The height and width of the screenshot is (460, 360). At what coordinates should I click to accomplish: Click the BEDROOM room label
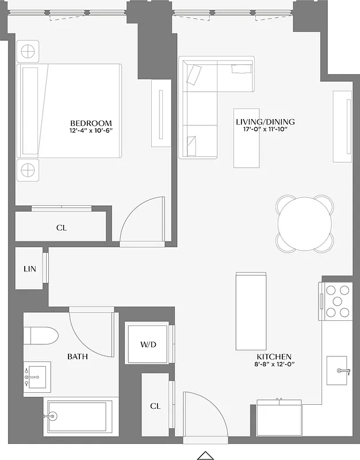pyautogui.click(x=91, y=123)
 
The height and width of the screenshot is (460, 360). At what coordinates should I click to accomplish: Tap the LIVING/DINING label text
pyautogui.click(x=265, y=122)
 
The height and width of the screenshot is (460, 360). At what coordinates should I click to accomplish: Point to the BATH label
pyautogui.click(x=78, y=356)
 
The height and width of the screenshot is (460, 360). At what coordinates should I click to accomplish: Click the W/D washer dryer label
pyautogui.click(x=148, y=344)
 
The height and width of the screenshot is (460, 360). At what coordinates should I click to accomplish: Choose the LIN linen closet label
pyautogui.click(x=30, y=269)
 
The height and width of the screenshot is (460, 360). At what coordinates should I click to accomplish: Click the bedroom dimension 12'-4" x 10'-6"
pyautogui.click(x=91, y=131)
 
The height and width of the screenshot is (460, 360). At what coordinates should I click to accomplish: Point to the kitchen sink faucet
pyautogui.click(x=344, y=371)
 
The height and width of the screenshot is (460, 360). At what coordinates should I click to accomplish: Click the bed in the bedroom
pyautogui.click(x=70, y=110)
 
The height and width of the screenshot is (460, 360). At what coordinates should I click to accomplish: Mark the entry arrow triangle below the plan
pyautogui.click(x=205, y=455)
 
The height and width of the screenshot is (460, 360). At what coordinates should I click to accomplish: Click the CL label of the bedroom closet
pyautogui.click(x=62, y=228)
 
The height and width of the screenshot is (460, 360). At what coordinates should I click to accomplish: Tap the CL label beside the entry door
pyautogui.click(x=155, y=406)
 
